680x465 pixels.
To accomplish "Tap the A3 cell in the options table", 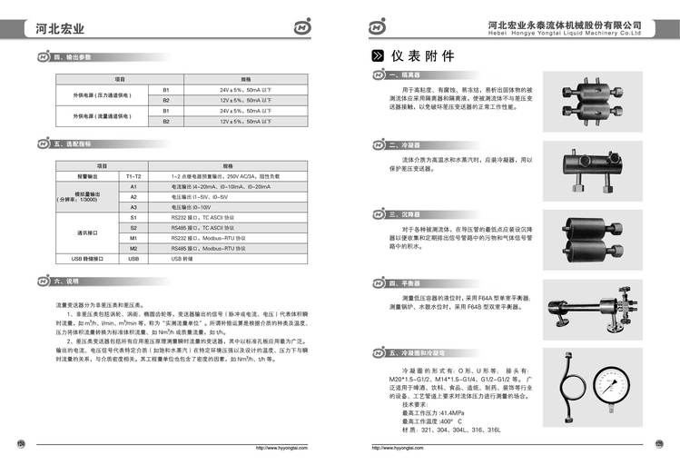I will point(133,207).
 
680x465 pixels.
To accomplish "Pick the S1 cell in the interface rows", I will point(133,218).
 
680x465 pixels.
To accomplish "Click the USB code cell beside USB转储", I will point(133,259).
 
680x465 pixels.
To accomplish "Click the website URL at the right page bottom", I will point(400,448).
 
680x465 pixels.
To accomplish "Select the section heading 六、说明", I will point(69,282).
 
